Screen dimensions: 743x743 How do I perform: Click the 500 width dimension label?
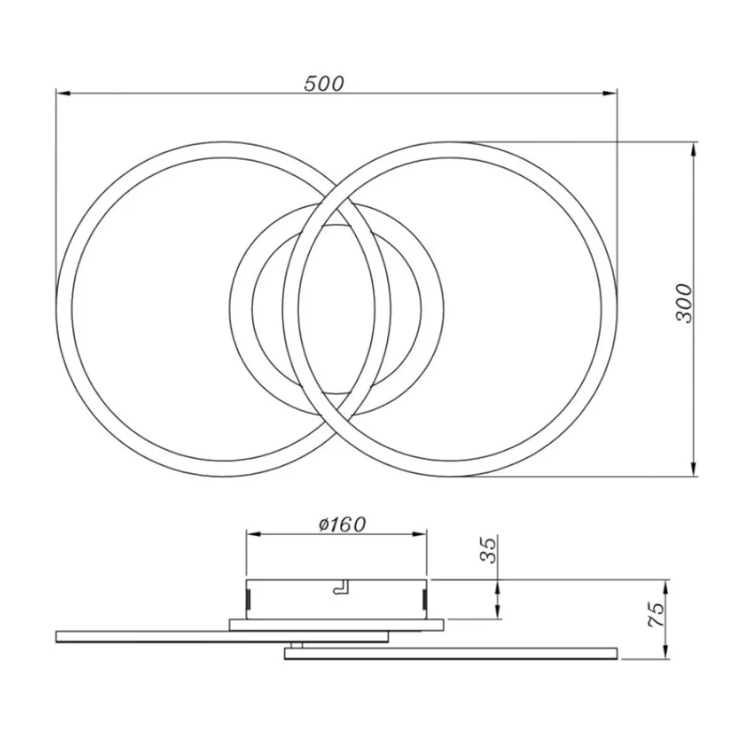[324, 84]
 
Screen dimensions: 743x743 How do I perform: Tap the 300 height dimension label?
[684, 304]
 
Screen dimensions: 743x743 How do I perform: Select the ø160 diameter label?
[343, 525]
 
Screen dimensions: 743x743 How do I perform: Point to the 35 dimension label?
[489, 550]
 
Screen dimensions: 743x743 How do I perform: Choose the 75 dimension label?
[656, 615]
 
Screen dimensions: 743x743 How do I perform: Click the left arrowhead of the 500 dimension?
[63, 94]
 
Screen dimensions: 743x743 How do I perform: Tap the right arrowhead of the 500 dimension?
[609, 94]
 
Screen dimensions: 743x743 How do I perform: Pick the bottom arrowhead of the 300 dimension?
[694, 469]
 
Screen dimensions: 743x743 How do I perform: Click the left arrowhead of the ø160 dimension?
[253, 534]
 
